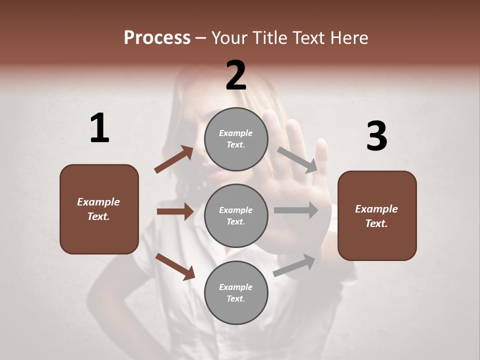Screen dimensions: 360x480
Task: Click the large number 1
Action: tap(99, 128)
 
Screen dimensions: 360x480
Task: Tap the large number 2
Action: tap(236, 75)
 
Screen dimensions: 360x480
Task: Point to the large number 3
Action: tap(376, 136)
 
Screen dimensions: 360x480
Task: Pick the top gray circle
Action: tap(236, 139)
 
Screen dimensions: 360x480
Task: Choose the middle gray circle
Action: tap(236, 215)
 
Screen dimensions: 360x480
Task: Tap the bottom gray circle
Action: tap(236, 292)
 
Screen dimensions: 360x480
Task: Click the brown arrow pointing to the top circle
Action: tap(173, 159)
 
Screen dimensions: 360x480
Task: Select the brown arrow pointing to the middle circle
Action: tap(175, 211)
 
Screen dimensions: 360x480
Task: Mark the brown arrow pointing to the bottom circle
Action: tap(175, 266)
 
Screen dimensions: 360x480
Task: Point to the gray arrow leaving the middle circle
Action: tap(296, 210)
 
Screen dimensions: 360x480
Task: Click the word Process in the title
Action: tap(157, 37)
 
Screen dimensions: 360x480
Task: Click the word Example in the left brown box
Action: tap(98, 202)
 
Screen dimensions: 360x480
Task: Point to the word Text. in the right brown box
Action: tap(376, 223)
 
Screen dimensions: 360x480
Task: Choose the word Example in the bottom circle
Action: tap(236, 287)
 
